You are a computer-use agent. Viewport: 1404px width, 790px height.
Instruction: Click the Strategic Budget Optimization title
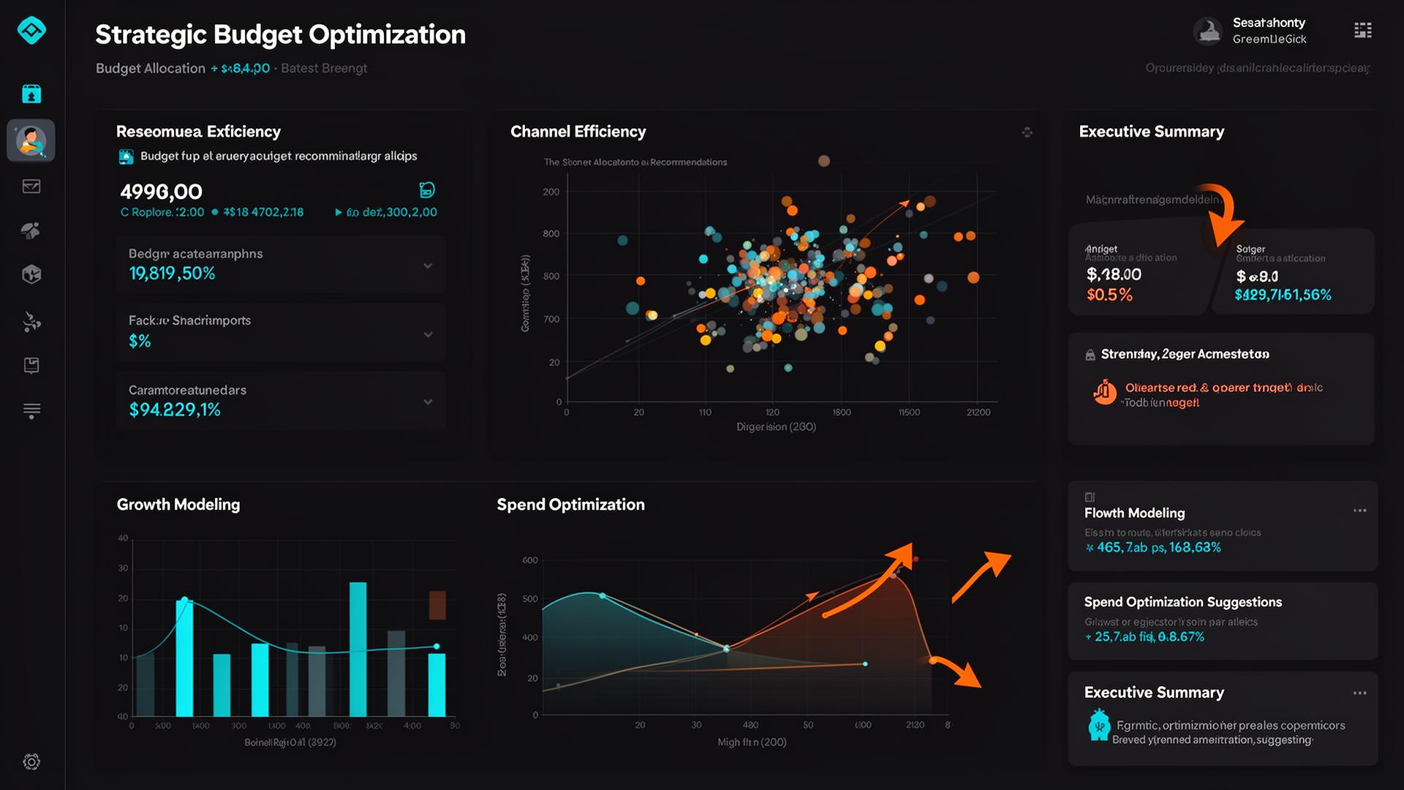(x=280, y=34)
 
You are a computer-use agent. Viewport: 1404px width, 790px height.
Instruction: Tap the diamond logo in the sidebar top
(x=31, y=30)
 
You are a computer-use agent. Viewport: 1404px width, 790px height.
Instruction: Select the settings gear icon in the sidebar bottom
(x=31, y=761)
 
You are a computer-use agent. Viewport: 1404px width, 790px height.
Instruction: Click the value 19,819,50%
(x=172, y=274)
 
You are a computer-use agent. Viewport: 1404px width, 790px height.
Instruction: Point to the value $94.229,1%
(x=175, y=410)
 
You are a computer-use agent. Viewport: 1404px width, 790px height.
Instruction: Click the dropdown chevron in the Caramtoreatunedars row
(x=428, y=402)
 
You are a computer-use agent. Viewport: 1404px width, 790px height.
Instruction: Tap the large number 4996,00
(x=161, y=192)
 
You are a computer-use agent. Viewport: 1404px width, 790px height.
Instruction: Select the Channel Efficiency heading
(x=578, y=132)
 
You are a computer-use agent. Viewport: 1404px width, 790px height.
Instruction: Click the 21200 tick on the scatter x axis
(x=978, y=413)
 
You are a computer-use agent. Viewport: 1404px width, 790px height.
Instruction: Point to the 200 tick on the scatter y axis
(x=551, y=192)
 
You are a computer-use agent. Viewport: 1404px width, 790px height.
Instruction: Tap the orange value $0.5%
(x=1109, y=295)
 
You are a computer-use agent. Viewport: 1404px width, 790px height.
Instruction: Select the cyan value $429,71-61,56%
(x=1283, y=295)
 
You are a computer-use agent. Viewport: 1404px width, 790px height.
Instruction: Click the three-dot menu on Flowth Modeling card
(x=1359, y=511)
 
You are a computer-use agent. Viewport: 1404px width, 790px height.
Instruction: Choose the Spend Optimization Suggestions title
(x=1182, y=602)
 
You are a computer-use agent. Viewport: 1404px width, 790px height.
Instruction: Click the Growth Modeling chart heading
(x=178, y=505)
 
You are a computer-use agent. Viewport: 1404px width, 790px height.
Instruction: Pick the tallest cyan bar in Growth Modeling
(x=358, y=648)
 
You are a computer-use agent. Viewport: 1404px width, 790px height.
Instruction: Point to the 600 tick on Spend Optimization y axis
(x=529, y=560)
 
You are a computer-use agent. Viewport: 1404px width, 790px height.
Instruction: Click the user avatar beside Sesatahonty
(x=1207, y=31)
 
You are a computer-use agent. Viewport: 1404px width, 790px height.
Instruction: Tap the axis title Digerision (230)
(x=776, y=426)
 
